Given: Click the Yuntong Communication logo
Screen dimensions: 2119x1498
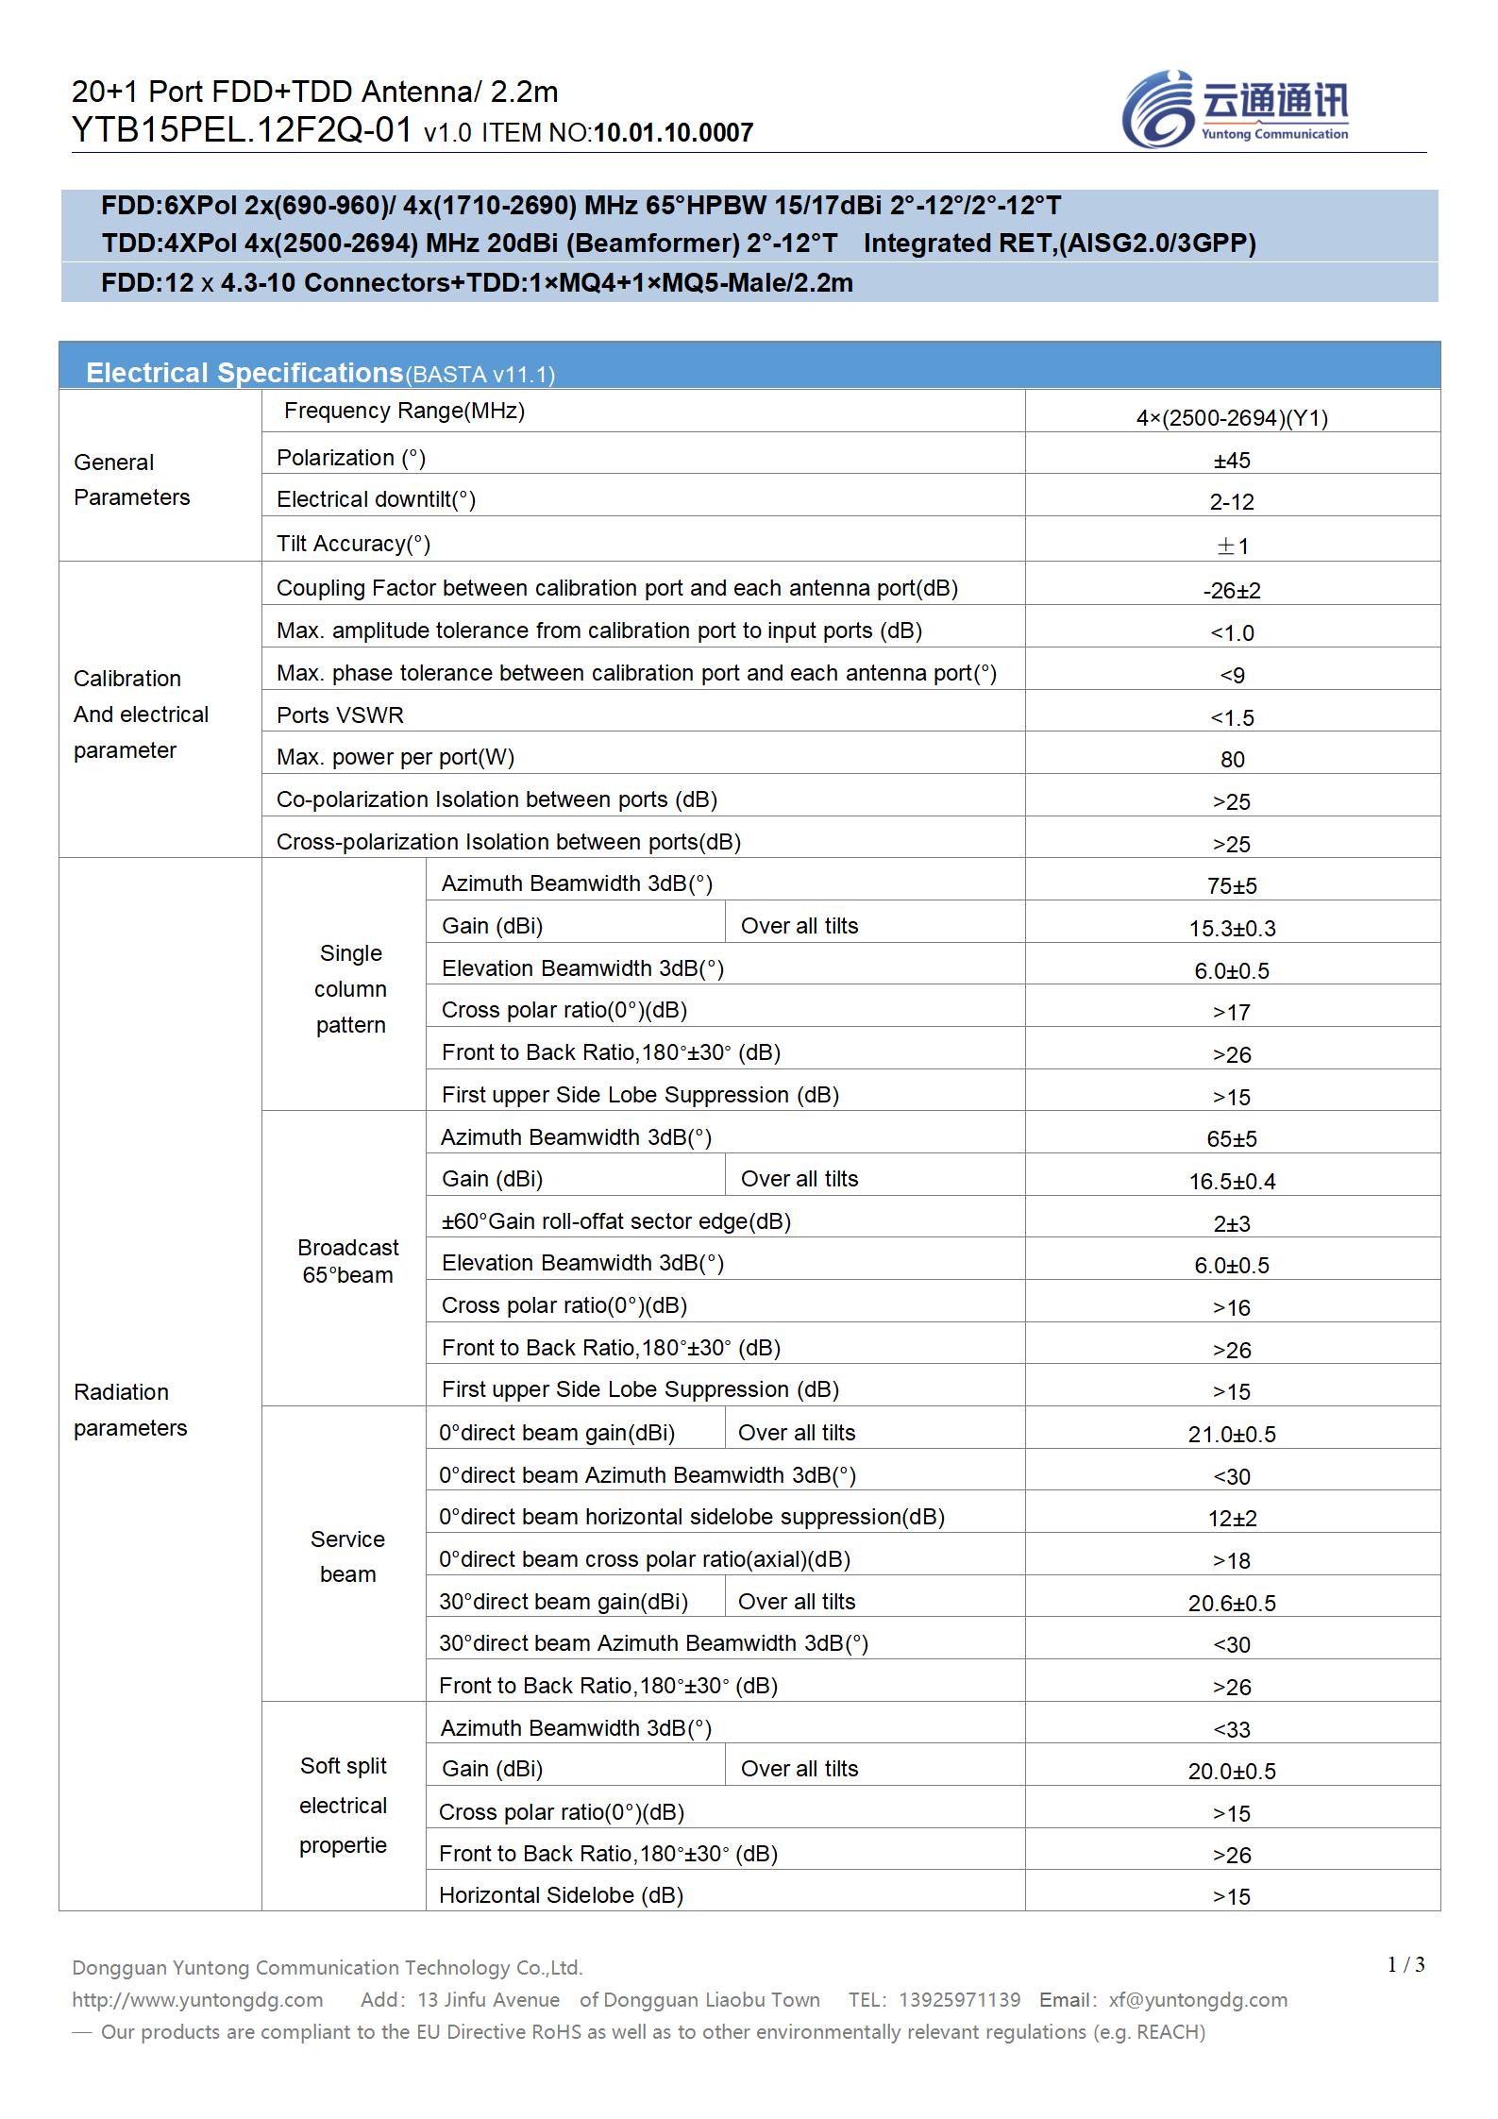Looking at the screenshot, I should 1235,109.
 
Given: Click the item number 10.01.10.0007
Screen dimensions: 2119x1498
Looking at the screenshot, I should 673,133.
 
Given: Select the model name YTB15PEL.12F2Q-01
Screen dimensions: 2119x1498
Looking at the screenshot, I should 242,130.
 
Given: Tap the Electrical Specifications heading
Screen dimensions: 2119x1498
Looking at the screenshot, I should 244,373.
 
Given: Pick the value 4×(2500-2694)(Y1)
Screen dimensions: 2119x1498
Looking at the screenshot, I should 1232,418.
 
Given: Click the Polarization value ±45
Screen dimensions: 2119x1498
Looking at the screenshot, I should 1232,461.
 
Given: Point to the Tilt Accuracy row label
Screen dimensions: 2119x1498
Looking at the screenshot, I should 353,544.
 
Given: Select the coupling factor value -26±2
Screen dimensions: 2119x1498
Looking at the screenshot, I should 1232,591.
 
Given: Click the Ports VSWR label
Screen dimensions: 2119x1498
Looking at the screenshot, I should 340,715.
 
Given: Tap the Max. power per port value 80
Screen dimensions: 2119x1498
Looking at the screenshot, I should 1232,760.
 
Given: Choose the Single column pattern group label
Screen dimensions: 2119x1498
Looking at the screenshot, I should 350,989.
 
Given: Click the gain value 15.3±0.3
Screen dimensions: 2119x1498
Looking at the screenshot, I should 1232,929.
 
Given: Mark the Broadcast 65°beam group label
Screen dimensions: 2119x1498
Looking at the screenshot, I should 347,1261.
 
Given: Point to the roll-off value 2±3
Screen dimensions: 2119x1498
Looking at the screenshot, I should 1232,1224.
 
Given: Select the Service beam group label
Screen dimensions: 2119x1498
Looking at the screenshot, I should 347,1556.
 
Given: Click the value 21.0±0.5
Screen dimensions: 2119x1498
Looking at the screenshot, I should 1232,1435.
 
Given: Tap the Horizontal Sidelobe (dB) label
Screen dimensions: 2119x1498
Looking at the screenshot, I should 561,1895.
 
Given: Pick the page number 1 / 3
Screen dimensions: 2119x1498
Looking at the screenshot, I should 1405,1965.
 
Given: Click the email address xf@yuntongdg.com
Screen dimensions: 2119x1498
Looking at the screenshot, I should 1198,1999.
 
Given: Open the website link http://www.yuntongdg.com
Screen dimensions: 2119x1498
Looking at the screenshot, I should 197,1999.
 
